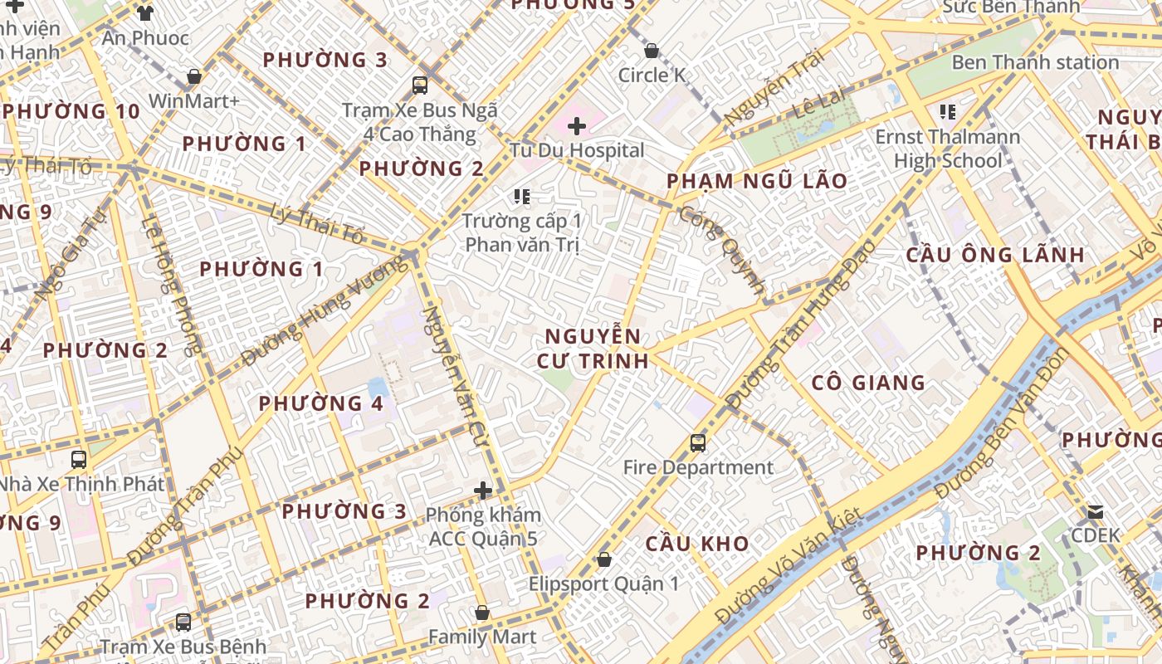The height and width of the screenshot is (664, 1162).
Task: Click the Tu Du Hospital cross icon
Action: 577,127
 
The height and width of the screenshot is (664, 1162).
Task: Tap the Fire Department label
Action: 698,467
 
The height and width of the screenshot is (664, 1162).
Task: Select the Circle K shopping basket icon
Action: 652,51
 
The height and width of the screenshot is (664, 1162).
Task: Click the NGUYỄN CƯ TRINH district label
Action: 593,349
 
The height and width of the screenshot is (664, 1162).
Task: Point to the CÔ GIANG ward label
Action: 868,383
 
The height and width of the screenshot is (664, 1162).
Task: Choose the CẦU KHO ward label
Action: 697,544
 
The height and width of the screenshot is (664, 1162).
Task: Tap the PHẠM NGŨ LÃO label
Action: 757,181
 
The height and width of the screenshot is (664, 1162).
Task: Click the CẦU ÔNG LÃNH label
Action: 995,255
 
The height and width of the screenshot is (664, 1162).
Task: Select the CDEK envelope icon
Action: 1096,511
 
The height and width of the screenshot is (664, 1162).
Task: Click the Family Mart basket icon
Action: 482,613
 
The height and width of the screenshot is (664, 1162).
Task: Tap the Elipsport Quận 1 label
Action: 603,583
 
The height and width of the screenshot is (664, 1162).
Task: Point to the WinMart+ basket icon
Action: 194,76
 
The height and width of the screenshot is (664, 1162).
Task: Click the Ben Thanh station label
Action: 1035,62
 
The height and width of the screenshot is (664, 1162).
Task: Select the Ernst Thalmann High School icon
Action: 948,111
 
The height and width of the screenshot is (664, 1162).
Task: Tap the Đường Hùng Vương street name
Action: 325,310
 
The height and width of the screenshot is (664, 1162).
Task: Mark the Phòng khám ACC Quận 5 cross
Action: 483,491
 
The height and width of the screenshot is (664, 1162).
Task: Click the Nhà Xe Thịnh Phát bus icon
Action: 79,459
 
